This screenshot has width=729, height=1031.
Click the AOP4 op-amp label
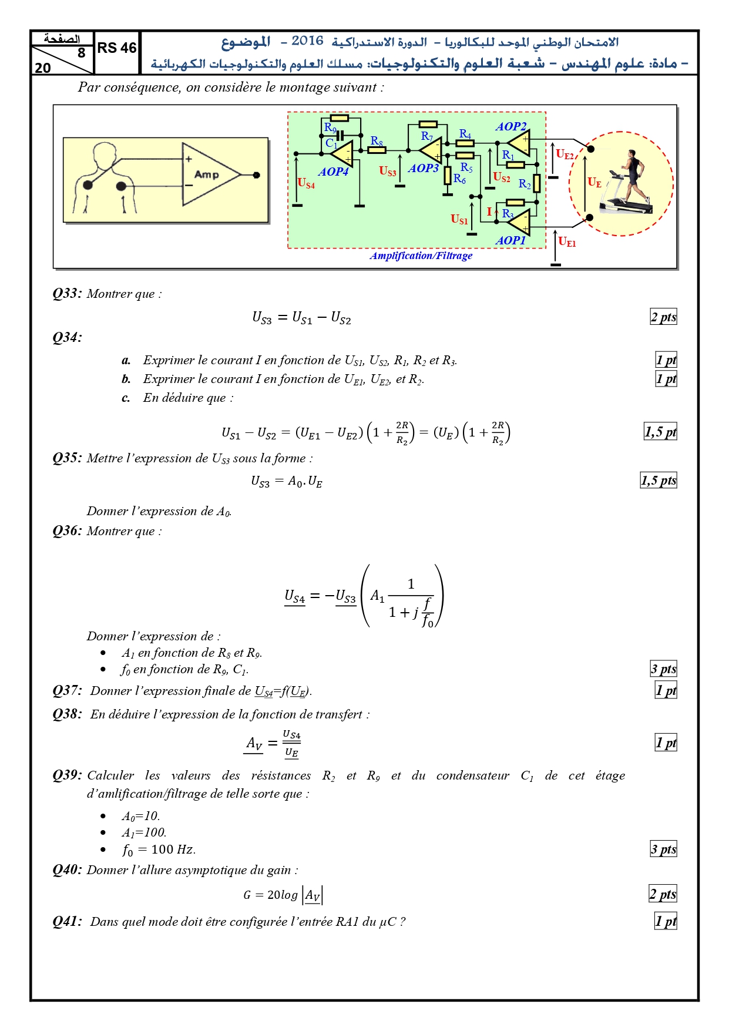coord(333,172)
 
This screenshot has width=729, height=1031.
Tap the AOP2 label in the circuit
coord(511,126)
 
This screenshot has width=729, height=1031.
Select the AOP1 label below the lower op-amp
coord(510,240)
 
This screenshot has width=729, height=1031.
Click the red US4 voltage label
coord(306,183)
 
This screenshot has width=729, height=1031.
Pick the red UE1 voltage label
coord(567,241)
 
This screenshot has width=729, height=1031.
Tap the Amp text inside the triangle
coord(206,174)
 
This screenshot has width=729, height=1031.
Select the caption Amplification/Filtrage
coord(421,256)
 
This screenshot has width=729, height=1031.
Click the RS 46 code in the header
coord(117,48)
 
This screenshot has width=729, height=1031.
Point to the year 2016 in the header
coord(307,41)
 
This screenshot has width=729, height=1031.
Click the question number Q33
coord(67,294)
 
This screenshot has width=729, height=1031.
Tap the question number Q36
coord(67,531)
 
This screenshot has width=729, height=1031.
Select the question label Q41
coord(67,921)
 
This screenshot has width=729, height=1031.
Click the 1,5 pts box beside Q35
coord(659,481)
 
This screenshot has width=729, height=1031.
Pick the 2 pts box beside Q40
coord(663,894)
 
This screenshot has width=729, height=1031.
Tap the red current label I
coord(489,212)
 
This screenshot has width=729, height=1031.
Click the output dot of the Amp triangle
coord(256,174)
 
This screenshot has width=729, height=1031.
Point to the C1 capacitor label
coord(331,143)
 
